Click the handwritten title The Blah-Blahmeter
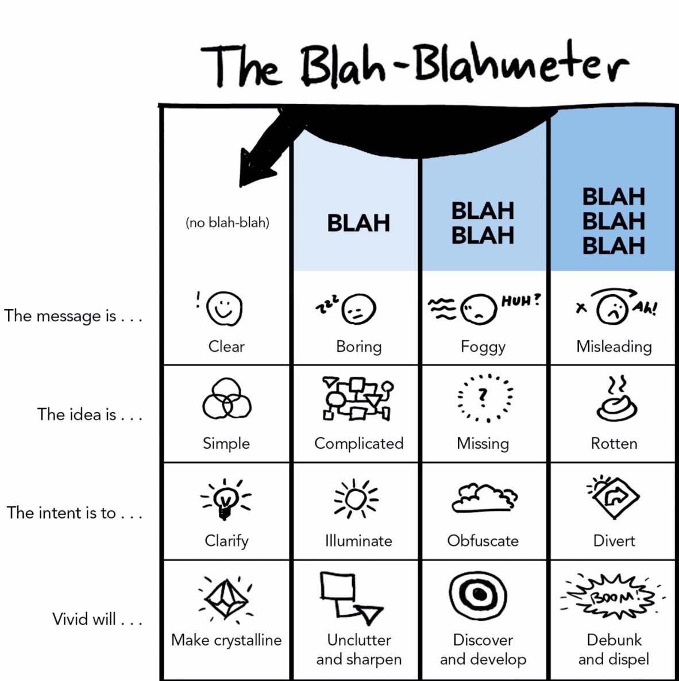click(415, 64)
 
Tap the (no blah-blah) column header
click(227, 223)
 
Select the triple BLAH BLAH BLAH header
click(614, 221)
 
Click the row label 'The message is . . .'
click(73, 316)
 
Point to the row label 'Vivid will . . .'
click(97, 619)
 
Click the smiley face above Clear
click(224, 308)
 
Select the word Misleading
click(614, 346)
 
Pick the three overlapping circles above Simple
click(227, 398)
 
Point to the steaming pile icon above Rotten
click(616, 399)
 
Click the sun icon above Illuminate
click(356, 499)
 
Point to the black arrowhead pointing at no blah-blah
click(257, 167)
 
